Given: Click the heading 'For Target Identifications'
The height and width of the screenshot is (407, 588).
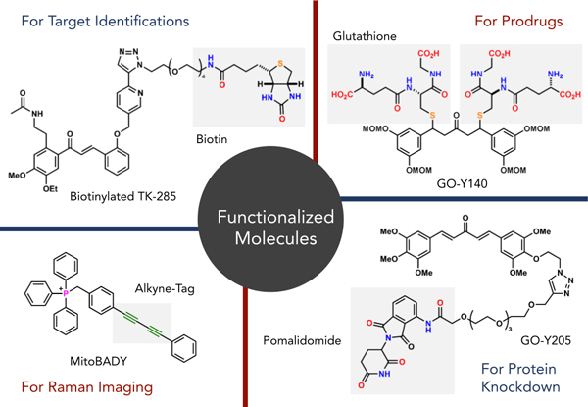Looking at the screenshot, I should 97,18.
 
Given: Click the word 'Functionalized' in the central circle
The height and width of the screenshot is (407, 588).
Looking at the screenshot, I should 294,215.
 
